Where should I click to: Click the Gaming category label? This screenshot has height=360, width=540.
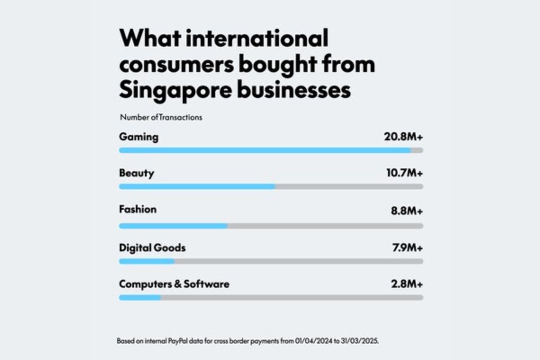[139, 137]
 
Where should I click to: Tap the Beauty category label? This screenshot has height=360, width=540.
[136, 173]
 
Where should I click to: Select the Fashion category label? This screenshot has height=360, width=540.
[138, 209]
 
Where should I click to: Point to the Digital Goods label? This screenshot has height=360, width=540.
[152, 247]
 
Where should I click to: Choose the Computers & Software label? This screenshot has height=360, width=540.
[174, 284]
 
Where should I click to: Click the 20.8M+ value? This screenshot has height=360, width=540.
[403, 137]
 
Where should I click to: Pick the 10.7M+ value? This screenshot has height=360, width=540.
[404, 173]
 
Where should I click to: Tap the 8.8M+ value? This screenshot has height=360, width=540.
[407, 210]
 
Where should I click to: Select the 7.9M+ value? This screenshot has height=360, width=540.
[407, 247]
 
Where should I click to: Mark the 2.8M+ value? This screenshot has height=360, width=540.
[407, 284]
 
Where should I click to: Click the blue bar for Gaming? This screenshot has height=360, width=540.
[265, 150]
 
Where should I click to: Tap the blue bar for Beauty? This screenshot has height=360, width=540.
[197, 186]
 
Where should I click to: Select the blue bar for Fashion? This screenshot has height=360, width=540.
[173, 226]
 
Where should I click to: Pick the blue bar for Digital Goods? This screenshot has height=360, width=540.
[147, 261]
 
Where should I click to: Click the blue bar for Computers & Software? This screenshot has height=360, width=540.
[140, 297]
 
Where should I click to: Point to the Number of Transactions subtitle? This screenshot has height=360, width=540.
[161, 117]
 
